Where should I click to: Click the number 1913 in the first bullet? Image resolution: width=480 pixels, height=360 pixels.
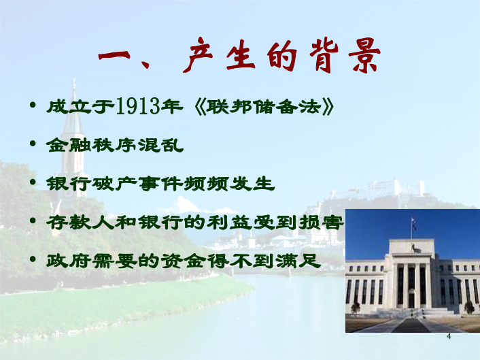(x=139, y=106)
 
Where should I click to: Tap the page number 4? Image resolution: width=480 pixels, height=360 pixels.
(x=449, y=336)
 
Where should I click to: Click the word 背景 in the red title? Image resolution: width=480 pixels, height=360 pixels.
(x=345, y=56)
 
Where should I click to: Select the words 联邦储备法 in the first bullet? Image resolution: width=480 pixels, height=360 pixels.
(x=264, y=107)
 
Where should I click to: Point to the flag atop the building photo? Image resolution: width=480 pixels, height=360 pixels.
(x=414, y=223)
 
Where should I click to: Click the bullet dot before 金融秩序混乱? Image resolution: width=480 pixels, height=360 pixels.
(x=33, y=144)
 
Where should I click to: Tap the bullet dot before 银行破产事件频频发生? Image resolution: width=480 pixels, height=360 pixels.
(x=33, y=182)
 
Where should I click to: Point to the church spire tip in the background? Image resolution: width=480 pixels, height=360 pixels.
(x=74, y=80)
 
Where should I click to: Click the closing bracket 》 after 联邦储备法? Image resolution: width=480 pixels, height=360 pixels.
(x=328, y=107)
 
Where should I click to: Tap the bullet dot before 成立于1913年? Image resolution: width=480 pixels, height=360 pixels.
(x=33, y=105)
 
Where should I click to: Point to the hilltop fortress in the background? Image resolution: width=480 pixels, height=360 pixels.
(x=396, y=187)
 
